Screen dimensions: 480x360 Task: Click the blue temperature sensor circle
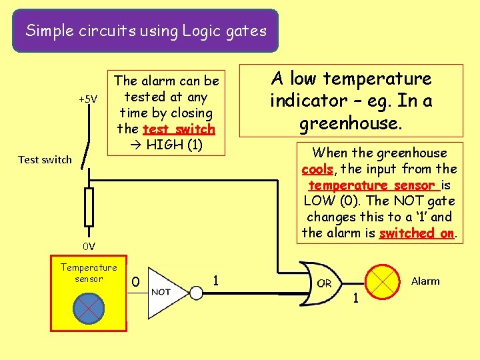point(88,307)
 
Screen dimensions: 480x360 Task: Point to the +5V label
point(88,100)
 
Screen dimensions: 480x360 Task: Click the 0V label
point(89,246)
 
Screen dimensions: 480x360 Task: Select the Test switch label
point(45,159)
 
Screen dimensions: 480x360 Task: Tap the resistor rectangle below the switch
point(89,207)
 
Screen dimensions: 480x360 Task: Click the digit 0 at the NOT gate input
point(135,283)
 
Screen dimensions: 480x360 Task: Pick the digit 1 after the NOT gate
point(215,280)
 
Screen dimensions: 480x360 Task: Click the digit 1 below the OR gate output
point(355,298)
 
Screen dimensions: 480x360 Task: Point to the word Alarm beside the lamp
point(425,281)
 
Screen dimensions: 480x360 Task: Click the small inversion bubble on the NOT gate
point(196,292)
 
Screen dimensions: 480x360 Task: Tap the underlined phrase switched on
point(417,233)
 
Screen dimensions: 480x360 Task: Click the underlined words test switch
point(179,129)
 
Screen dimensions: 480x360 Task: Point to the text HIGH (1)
point(174,145)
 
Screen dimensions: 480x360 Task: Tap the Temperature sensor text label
point(89,273)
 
